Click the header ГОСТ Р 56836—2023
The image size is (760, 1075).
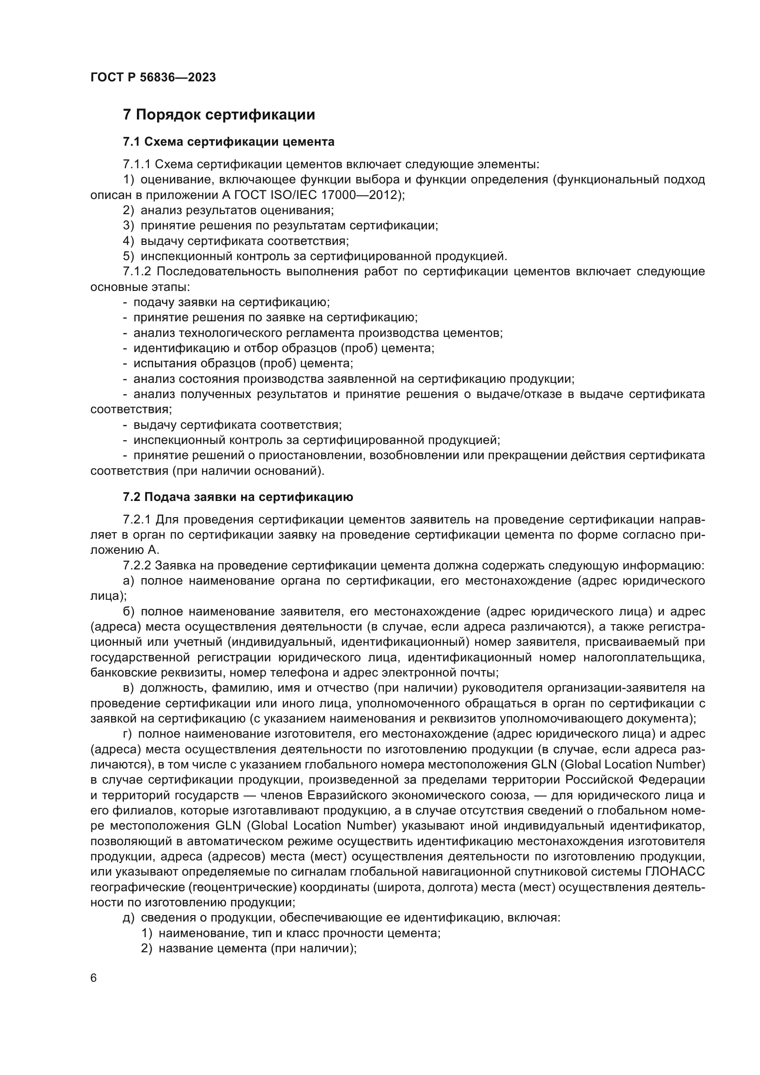click(153, 78)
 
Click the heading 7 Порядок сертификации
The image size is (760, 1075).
click(219, 115)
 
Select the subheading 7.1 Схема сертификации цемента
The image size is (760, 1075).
click(228, 142)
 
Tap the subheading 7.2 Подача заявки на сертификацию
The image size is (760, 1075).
click(238, 497)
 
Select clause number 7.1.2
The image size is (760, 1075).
click(136, 272)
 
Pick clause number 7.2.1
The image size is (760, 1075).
click(136, 520)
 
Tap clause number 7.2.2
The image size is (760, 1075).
click(136, 566)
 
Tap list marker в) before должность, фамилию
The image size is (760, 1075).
click(128, 688)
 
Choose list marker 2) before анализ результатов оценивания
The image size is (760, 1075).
click(129, 210)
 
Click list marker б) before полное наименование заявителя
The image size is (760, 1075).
click(129, 611)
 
